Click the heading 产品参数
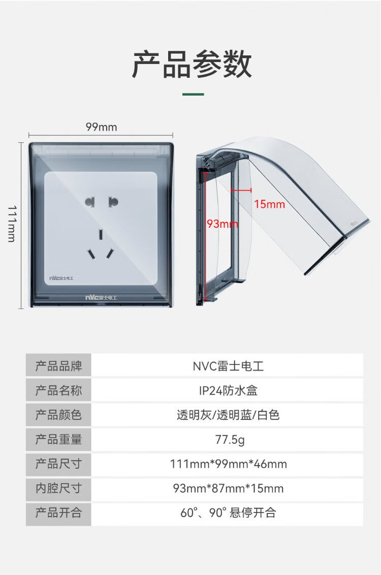(x=192, y=65)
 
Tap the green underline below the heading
(x=193, y=94)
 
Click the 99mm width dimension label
(x=102, y=127)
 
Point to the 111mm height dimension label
(x=12, y=224)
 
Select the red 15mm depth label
(x=270, y=204)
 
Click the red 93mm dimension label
(x=223, y=223)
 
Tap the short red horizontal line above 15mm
(x=241, y=190)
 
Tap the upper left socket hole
(x=89, y=202)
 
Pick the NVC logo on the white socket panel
(x=61, y=278)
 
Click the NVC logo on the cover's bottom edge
(x=101, y=297)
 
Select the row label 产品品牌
(x=58, y=366)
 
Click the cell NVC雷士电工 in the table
(x=228, y=366)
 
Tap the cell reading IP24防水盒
(x=228, y=390)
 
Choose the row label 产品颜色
(x=58, y=415)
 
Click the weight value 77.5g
(x=230, y=439)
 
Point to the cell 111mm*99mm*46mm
(x=228, y=464)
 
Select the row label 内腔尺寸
(x=58, y=488)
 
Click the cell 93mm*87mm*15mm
(x=228, y=489)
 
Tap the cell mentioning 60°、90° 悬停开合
(x=228, y=512)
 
